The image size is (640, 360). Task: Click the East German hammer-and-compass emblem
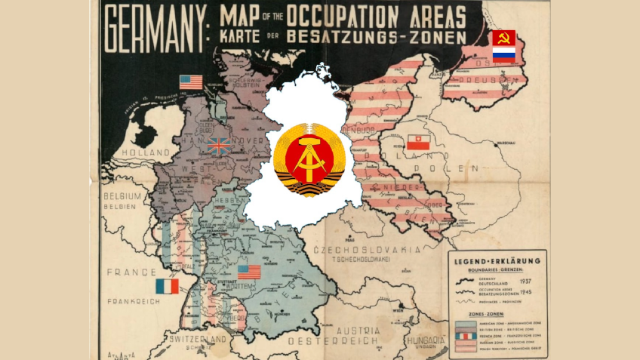[309, 160]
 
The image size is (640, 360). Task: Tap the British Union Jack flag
[219, 146]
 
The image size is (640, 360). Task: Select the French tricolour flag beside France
[167, 286]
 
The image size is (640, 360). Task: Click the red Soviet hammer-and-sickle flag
[503, 38]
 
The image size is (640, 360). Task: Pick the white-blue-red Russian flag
[503, 54]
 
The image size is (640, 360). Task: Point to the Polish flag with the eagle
[417, 143]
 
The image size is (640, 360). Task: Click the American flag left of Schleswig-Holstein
[191, 82]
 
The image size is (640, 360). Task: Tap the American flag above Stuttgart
[249, 272]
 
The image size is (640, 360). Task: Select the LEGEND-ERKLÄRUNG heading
[497, 262]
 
